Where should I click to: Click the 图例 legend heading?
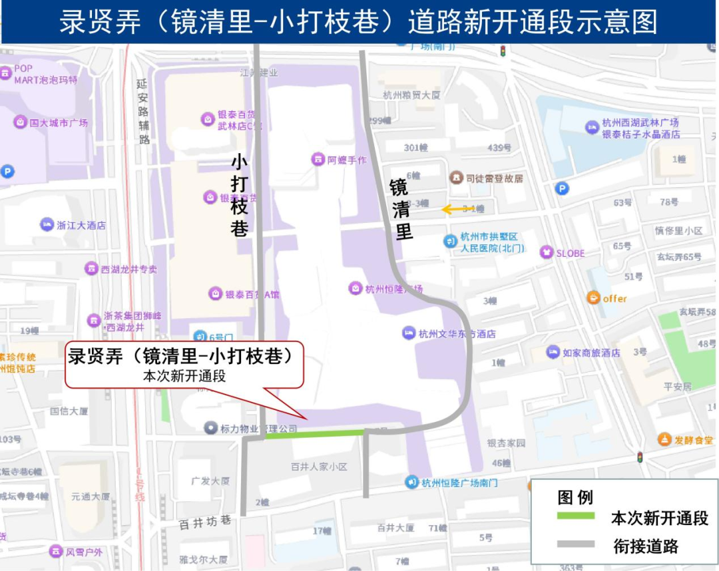coord(575,497)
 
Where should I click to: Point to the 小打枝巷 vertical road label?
coord(240,196)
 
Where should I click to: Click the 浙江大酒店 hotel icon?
coord(47,224)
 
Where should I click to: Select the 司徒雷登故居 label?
coord(494,178)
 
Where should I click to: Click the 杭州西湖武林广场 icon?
coord(592,126)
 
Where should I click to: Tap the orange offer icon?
coord(593,297)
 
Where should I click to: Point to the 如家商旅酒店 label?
coord(591,353)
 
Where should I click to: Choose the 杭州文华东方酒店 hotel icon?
coord(409,333)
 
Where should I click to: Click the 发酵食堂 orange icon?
coord(664,439)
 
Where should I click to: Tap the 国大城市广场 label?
coord(59,122)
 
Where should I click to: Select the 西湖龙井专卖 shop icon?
coord(91,269)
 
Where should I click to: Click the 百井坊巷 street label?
coord(205,523)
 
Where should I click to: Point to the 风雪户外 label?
coord(83,552)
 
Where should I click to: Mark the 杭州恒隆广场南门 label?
coord(459,482)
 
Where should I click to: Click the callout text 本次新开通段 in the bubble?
coord(184,376)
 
